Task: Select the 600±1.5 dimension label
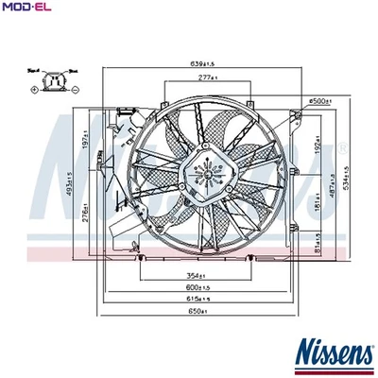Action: (x=198, y=286)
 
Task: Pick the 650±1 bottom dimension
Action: (x=197, y=310)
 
